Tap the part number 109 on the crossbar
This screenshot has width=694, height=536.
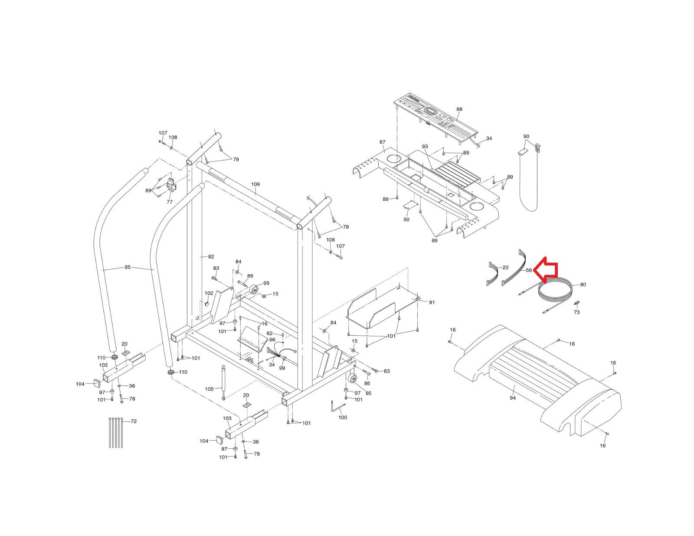(255, 184)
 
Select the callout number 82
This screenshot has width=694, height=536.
(211, 257)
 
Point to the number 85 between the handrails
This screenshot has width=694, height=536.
(128, 267)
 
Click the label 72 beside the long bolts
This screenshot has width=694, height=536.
(134, 421)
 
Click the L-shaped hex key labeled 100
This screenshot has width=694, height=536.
(337, 407)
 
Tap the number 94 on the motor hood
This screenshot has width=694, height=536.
(513, 398)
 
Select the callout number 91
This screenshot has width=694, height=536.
(432, 302)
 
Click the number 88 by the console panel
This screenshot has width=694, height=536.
(459, 109)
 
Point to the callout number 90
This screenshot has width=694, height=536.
(526, 136)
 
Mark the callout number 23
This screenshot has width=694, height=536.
(505, 268)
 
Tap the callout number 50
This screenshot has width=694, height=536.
(406, 219)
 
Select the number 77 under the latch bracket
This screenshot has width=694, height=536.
(170, 202)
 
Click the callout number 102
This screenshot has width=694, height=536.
(209, 293)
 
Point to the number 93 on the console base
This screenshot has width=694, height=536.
(425, 147)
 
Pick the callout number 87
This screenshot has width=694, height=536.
(382, 142)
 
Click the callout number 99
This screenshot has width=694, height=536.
(282, 368)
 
